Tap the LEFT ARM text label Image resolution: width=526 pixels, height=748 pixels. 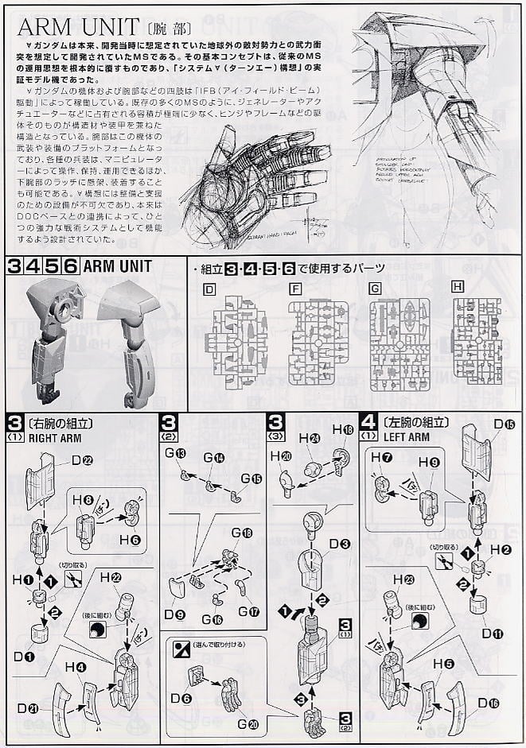tap(409, 436)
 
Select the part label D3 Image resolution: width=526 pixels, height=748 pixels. tap(339, 543)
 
